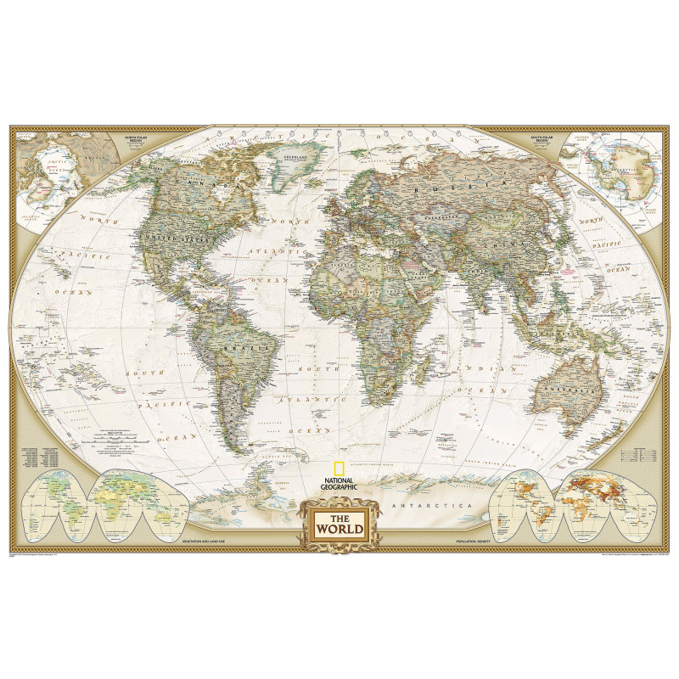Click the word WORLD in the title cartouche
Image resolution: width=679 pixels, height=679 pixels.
click(x=339, y=530)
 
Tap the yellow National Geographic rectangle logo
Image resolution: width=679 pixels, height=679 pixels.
click(x=339, y=467)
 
